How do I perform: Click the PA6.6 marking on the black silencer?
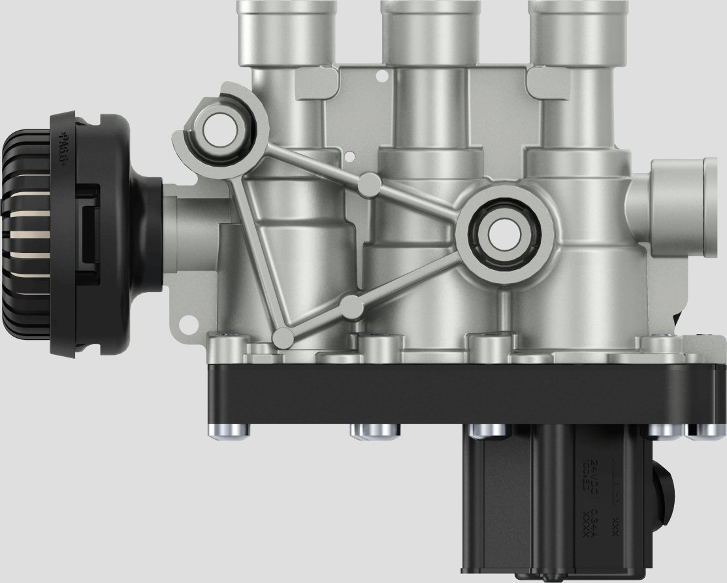tap(65, 150)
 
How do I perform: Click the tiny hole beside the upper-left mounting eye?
tap(350, 156)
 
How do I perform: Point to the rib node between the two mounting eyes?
tap(370, 185)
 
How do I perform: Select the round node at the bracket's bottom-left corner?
tap(283, 337)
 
